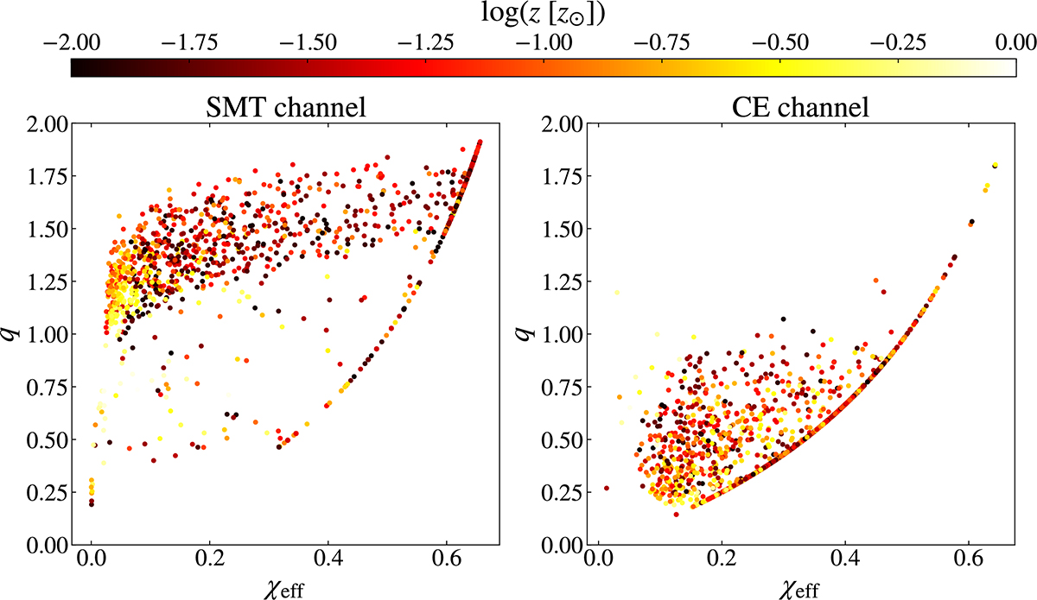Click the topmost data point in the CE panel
(996, 165)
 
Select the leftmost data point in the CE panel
(607, 488)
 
